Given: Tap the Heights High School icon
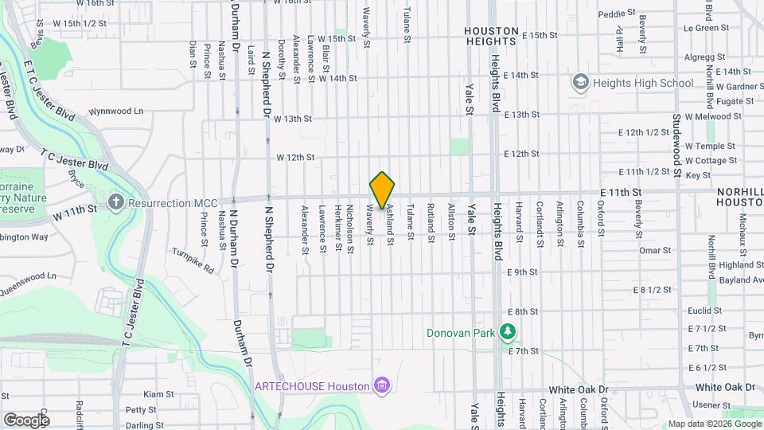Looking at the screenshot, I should pos(581,83).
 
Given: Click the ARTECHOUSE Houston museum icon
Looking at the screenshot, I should pos(383,386).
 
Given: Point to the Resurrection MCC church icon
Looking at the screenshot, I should pos(116,202).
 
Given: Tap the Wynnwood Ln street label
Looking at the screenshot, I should pos(116,111).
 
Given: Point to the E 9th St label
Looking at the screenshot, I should pos(522,272).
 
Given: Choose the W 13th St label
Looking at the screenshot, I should pos(293,119).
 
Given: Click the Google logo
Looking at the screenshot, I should pos(25,420).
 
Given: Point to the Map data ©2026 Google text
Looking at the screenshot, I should pos(713,424).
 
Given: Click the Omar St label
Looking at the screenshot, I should pos(656,250).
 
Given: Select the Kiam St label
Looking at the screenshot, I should pos(158,394).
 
